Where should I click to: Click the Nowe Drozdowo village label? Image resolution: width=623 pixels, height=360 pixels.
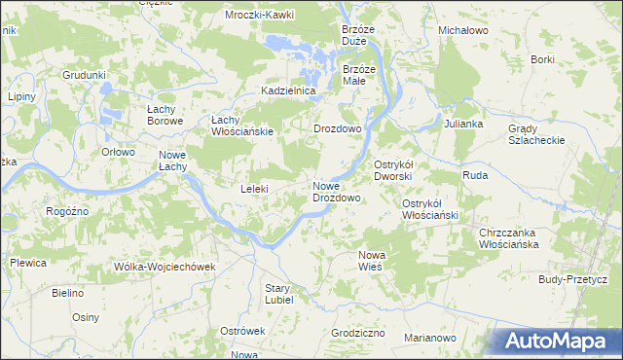[x=337, y=192]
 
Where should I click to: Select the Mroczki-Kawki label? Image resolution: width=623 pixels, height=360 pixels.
[x=259, y=16]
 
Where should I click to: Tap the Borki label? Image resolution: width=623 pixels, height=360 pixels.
[x=543, y=59]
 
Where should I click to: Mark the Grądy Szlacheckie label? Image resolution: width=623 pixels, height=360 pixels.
[x=536, y=134]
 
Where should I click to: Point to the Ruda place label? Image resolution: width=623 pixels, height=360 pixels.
[x=475, y=175]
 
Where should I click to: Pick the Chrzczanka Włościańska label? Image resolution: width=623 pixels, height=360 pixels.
[x=509, y=238]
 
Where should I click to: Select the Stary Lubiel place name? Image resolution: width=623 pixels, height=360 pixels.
[x=278, y=294]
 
